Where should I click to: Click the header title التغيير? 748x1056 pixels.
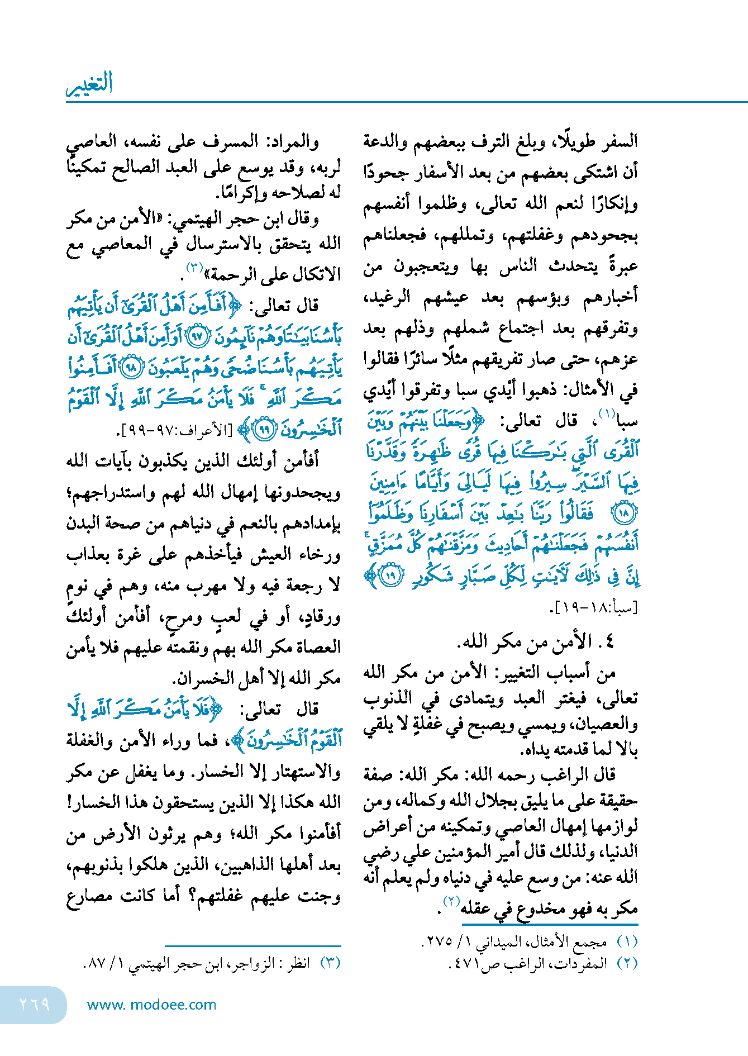pos(89,84)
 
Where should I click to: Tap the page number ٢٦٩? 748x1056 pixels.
pos(34,1004)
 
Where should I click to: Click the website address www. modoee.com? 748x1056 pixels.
pos(151,1005)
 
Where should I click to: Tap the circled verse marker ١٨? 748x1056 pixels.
pos(623,512)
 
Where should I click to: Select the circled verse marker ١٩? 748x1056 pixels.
pos(391,577)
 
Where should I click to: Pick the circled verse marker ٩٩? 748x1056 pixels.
pos(264,429)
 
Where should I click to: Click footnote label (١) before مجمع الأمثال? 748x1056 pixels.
pos(627,942)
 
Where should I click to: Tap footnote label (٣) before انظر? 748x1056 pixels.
pos(330,963)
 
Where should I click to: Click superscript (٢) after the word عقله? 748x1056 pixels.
pos(451,901)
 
